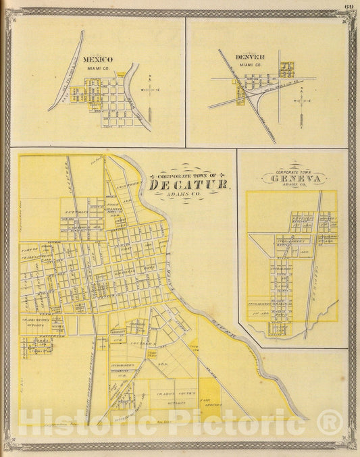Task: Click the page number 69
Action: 349,7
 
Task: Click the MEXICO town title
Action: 98,59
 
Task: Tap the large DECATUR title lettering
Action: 188,184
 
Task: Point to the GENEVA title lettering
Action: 297,179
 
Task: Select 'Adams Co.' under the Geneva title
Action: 298,187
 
